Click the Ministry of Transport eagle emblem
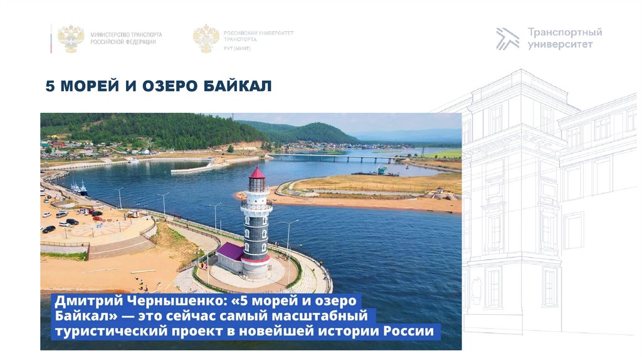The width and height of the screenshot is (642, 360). coord(71,38)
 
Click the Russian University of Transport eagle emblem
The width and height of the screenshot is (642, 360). coord(206,38)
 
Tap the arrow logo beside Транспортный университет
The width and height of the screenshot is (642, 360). coord(507,38)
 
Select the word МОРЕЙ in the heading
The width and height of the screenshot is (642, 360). coord(88,86)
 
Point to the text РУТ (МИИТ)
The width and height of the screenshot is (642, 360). coord(237,48)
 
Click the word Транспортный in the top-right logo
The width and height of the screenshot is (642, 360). coord(565,32)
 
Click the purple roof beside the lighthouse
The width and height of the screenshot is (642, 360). coord(229,251)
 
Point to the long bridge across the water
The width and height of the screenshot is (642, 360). coord(332,156)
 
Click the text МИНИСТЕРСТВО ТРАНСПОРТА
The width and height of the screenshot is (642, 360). coord(126,34)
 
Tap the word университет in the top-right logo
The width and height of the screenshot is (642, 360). coord(560,45)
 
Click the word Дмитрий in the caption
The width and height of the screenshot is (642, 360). coord(80,300)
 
